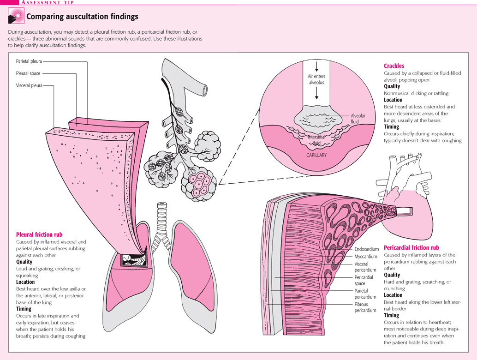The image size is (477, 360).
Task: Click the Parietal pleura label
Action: coord(29,61)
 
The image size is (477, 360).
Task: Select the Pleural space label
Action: coord(28,73)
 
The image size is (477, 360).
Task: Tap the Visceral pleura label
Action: coord(29,85)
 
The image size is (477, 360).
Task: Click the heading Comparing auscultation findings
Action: coord(82,17)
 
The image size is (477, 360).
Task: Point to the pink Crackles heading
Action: coord(394,66)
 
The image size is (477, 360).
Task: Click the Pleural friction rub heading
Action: coord(39,234)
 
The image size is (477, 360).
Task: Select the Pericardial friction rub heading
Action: coord(411,248)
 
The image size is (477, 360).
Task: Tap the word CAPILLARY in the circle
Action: coord(316,156)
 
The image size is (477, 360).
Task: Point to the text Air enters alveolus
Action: coord(316,79)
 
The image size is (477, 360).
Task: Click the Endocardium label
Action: coord(367,249)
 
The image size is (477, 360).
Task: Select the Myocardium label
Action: coord(366,257)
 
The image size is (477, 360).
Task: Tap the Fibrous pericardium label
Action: coord(365,307)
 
